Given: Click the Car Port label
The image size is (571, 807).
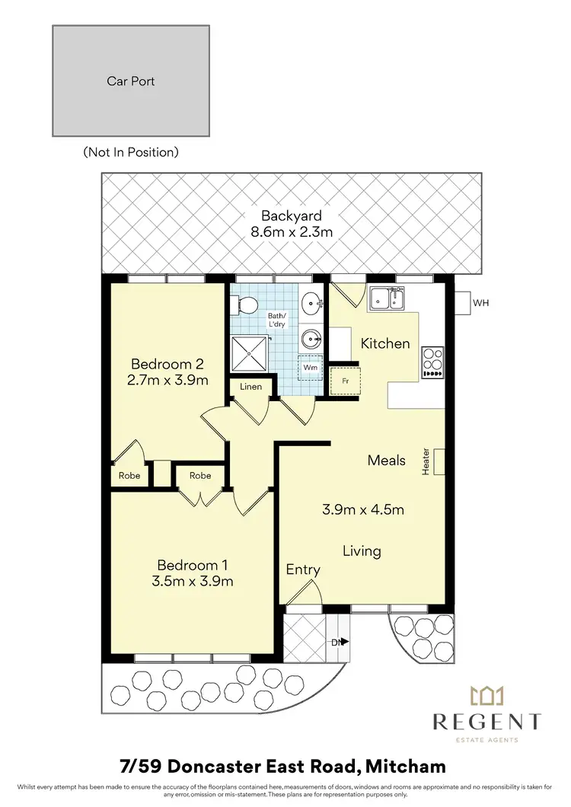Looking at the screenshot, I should (x=130, y=80).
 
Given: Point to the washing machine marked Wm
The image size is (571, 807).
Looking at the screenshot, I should (x=310, y=367).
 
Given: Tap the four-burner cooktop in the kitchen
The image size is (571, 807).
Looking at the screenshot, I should (x=432, y=362).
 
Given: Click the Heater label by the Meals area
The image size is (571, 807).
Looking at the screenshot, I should (x=426, y=461).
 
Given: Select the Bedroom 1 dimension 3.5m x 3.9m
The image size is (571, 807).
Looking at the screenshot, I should (x=193, y=582).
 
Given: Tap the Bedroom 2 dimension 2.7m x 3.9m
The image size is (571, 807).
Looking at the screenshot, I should (x=169, y=380).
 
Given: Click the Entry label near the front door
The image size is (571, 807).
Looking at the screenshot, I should (x=303, y=569).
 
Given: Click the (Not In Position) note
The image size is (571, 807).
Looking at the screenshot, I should (x=131, y=152).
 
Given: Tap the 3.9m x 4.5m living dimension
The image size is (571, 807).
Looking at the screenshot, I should (x=362, y=509).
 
